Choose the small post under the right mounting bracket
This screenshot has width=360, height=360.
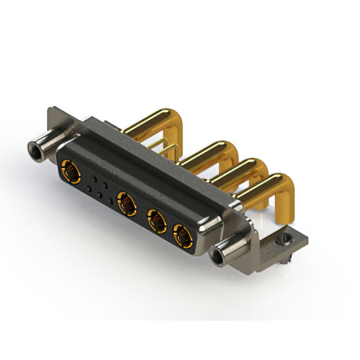[x=287, y=260]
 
